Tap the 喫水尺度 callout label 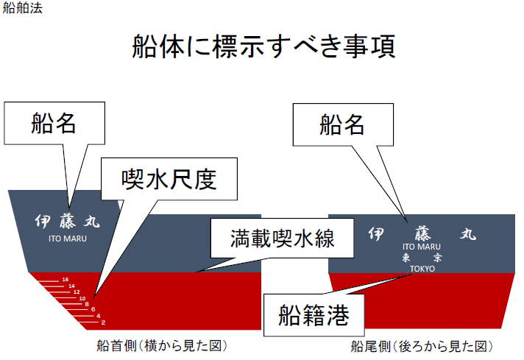tap(169, 177)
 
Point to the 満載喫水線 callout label tap(272, 239)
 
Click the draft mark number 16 tap(65, 280)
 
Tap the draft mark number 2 tap(104, 322)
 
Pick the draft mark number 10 tap(82, 298)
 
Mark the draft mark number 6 tap(93, 310)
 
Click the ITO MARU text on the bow tap(68, 237)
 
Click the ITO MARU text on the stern tap(422, 247)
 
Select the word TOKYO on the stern tap(422, 269)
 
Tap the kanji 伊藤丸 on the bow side tap(67, 221)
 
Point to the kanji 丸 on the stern tap(468, 234)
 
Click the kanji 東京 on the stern tap(422, 258)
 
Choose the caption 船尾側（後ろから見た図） tap(421, 345)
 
